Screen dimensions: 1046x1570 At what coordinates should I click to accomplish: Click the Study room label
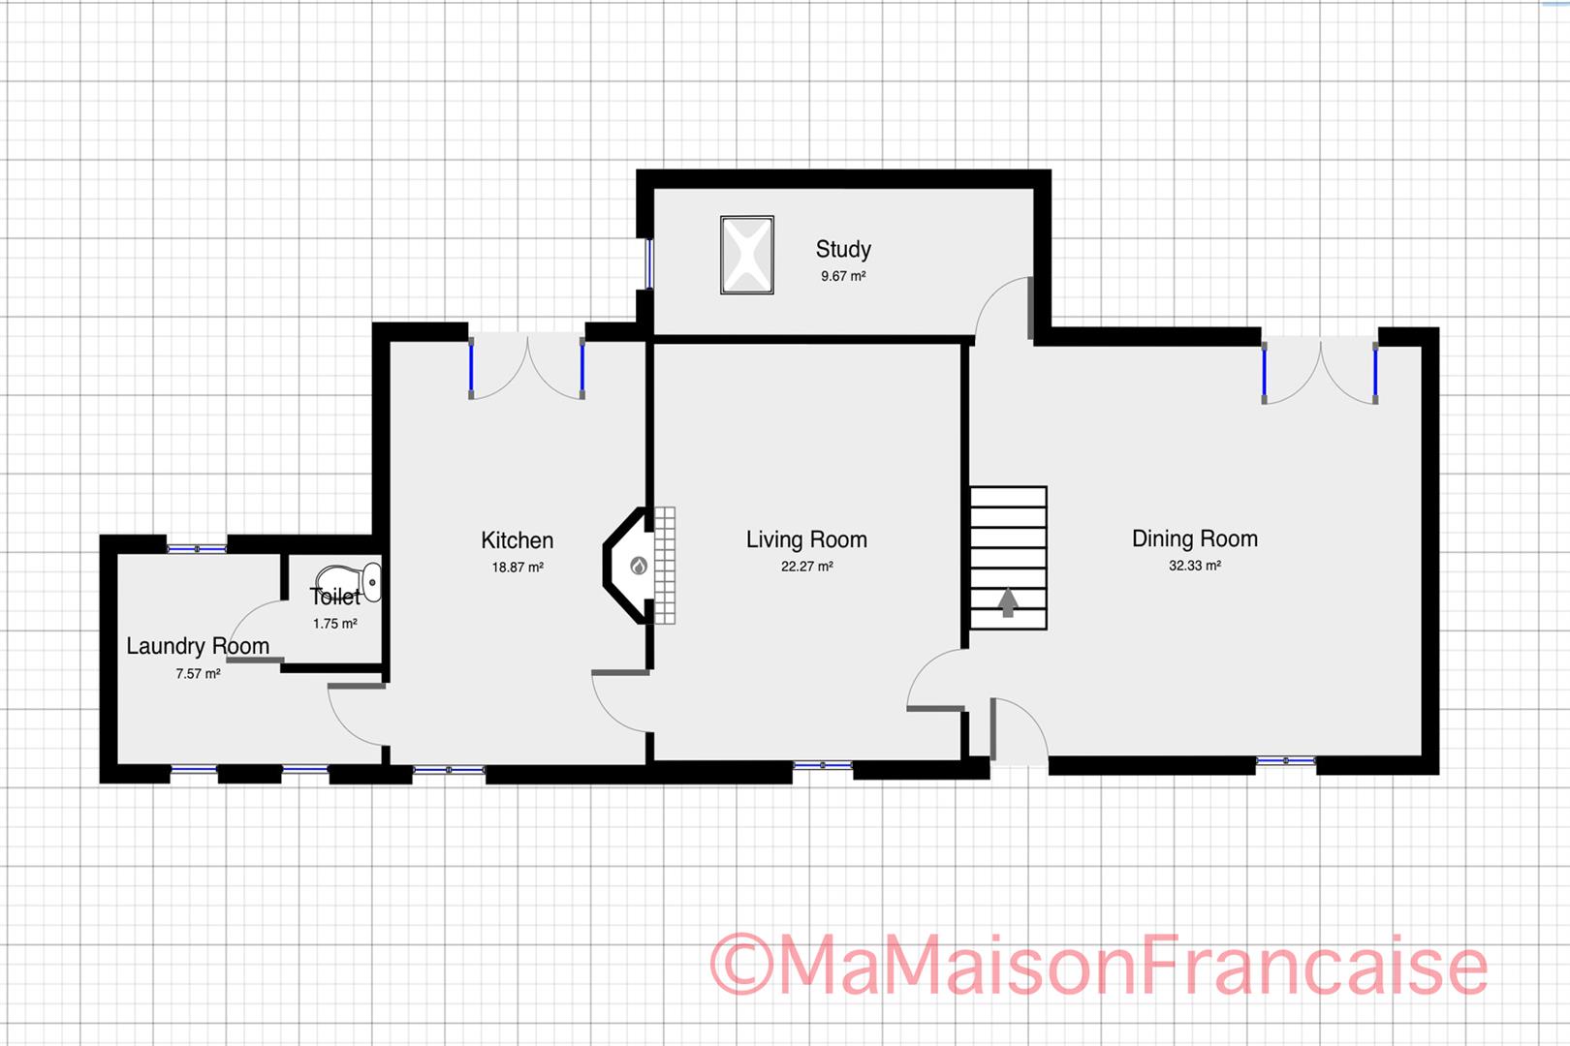point(842,250)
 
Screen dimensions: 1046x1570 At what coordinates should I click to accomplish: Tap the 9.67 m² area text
point(842,276)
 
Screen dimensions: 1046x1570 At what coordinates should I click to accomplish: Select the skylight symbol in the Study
point(747,255)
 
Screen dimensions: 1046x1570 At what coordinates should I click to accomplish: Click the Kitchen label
point(517,540)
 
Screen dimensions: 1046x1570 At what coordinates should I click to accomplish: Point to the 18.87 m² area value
point(517,568)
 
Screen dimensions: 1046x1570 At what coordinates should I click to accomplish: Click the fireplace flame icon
point(638,566)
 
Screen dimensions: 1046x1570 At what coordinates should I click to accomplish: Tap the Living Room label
point(806,539)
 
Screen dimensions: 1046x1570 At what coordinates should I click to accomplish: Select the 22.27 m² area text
point(806,567)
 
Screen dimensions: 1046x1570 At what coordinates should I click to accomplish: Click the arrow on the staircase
point(1008,602)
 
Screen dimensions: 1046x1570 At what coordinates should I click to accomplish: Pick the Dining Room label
point(1194,538)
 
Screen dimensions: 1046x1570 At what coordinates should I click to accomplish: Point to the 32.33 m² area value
point(1194,566)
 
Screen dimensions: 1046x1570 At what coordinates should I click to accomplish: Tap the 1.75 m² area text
point(334,624)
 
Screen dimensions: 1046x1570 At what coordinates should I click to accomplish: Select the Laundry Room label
point(198,646)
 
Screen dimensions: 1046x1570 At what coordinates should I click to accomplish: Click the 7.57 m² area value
point(198,673)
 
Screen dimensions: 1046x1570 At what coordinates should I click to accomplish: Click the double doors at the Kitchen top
point(526,366)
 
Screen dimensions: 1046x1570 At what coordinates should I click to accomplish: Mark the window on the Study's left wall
point(648,262)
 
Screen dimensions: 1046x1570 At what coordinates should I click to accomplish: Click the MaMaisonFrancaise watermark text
point(1099,965)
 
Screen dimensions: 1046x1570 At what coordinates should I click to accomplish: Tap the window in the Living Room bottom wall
point(822,766)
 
